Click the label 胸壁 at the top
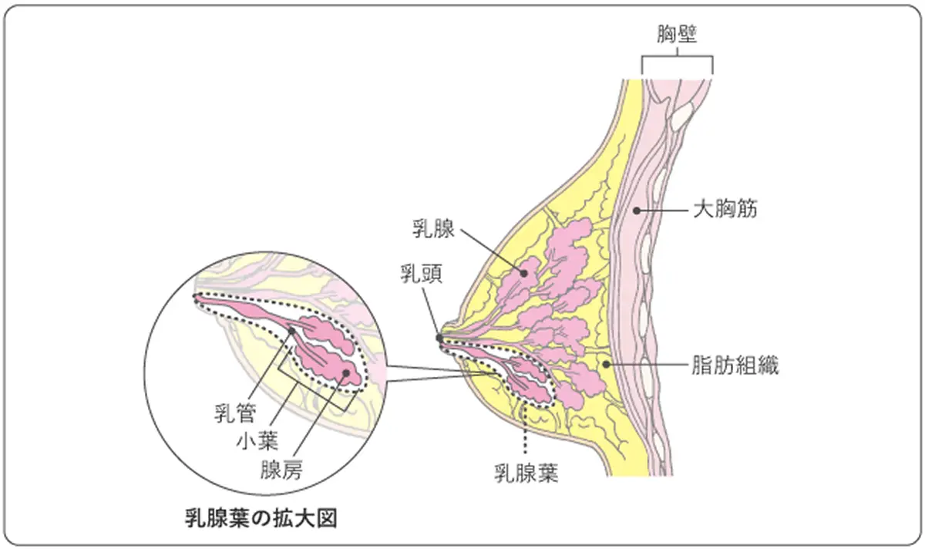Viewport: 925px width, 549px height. click(x=677, y=35)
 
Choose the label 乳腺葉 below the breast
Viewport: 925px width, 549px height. click(x=526, y=471)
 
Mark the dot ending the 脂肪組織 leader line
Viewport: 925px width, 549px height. click(x=607, y=363)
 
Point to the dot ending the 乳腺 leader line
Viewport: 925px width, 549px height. click(x=522, y=271)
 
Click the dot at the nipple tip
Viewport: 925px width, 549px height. click(x=439, y=338)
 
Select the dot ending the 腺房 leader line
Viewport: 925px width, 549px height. click(x=346, y=373)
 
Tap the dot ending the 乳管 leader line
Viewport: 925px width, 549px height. click(x=292, y=332)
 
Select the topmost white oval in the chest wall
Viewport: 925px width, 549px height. click(x=681, y=116)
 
